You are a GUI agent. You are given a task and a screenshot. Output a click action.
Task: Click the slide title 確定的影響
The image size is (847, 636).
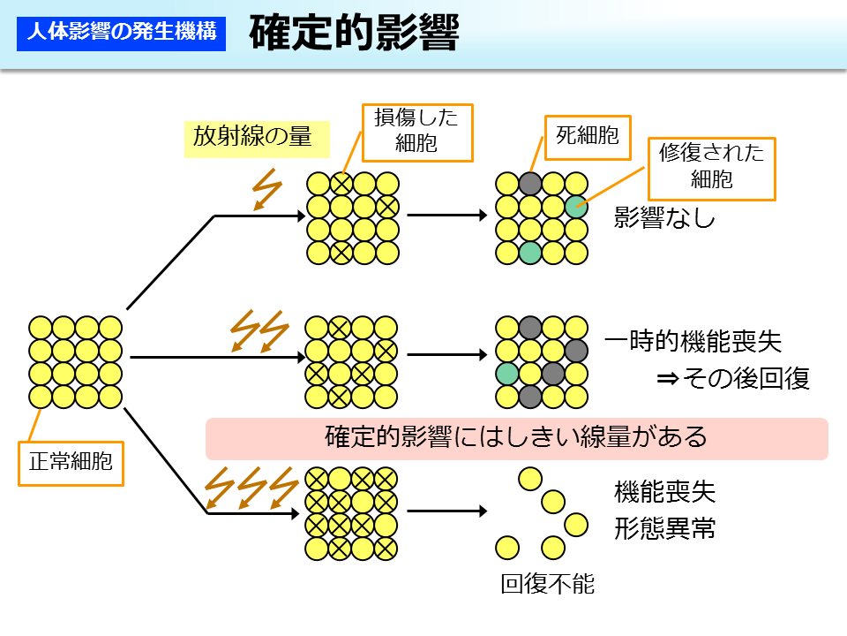(x=353, y=34)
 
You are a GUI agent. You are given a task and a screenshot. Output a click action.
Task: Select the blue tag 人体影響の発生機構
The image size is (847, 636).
(x=122, y=34)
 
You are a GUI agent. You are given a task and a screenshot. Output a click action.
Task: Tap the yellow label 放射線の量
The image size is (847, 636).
(x=252, y=137)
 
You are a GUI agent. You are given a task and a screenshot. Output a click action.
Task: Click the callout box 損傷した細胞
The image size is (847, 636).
(x=416, y=130)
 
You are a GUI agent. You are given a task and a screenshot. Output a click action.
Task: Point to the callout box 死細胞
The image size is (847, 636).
(x=587, y=135)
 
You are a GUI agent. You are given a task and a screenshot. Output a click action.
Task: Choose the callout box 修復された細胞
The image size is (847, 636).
(x=711, y=168)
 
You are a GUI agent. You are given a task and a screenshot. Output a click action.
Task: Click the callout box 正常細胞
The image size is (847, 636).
(x=71, y=461)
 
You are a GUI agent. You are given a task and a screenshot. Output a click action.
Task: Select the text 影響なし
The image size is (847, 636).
(x=664, y=218)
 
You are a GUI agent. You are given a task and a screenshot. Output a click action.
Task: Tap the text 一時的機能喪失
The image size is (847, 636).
(x=693, y=343)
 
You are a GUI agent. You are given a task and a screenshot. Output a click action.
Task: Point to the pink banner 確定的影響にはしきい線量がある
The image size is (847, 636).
(x=516, y=438)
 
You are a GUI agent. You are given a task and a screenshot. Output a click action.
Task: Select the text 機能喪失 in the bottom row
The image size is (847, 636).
(x=664, y=492)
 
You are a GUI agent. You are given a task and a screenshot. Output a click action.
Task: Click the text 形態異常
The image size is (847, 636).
(x=664, y=529)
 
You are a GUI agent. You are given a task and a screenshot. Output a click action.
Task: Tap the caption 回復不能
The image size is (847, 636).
(x=547, y=584)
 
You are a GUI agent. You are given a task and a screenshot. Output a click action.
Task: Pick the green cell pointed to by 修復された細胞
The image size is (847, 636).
(x=575, y=207)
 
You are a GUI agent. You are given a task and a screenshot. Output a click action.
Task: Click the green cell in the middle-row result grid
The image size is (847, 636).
(x=506, y=374)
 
